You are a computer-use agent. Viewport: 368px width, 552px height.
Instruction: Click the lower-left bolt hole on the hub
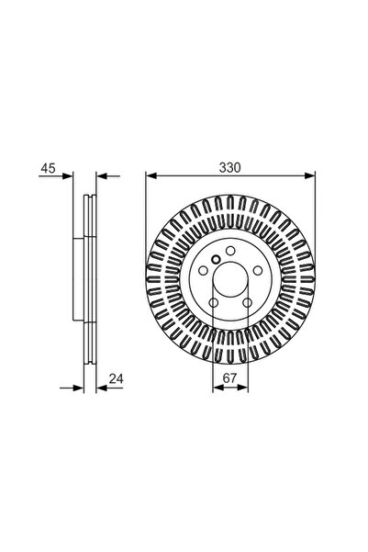click(x=212, y=304)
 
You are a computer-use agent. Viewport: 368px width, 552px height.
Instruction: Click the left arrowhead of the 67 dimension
click(x=216, y=388)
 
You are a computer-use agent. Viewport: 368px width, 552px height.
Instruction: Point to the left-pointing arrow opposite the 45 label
click(x=101, y=175)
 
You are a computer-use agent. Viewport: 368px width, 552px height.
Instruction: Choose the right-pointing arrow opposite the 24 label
click(x=66, y=388)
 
